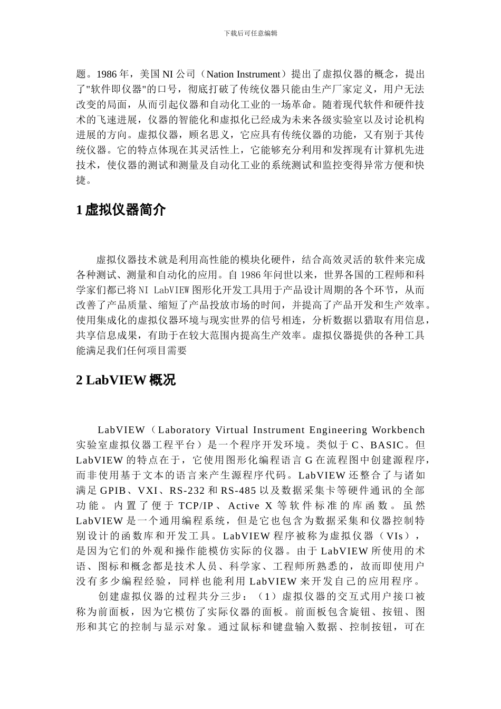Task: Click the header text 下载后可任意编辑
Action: [x=250, y=33]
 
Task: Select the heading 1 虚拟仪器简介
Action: [x=121, y=210]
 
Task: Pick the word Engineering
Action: [x=337, y=430]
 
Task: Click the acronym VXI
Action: [x=150, y=490]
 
